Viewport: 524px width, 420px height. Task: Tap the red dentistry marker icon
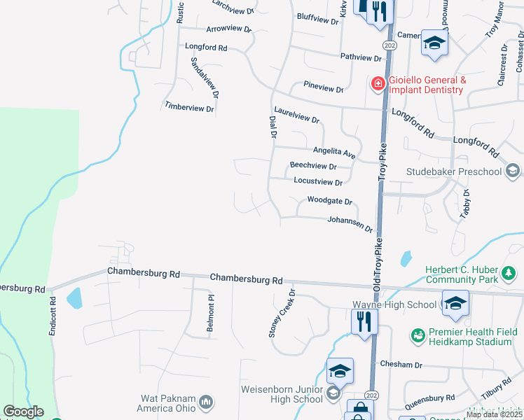(378, 84)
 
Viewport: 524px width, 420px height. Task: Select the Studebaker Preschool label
(454, 171)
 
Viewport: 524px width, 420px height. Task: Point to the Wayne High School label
(394, 305)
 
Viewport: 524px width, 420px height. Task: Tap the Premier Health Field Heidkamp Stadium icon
(418, 337)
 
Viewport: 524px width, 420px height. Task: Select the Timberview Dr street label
(189, 107)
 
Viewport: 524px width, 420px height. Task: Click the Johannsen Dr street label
(350, 224)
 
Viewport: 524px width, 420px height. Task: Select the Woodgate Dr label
(329, 201)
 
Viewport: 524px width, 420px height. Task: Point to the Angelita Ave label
(334, 151)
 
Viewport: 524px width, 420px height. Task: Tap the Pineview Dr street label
(324, 89)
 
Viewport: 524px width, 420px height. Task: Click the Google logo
(23, 412)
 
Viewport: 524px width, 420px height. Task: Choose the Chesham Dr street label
(401, 365)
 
